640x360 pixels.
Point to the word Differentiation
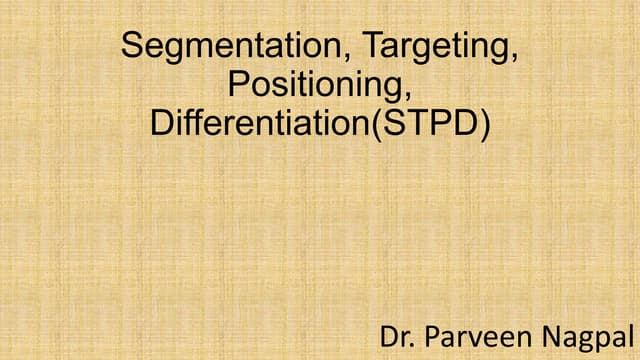click(259, 124)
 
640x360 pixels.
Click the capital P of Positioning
click(237, 85)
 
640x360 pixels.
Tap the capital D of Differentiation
click(161, 124)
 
